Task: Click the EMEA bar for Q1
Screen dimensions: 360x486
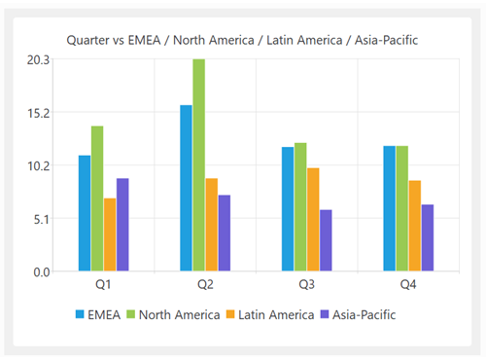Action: pos(85,213)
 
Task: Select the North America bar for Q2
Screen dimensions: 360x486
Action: pos(198,165)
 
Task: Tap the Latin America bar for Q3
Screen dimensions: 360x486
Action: pos(313,220)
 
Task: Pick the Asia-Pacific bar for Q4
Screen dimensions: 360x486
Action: pos(428,237)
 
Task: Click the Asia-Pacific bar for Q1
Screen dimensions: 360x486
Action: pos(122,225)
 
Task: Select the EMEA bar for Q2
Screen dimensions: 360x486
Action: pos(186,188)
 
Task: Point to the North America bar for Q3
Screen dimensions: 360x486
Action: pos(300,207)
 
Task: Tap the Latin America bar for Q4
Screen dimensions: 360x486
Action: pos(415,226)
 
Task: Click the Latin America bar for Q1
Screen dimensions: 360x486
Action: pos(110,234)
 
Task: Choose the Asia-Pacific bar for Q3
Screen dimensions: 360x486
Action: pos(326,240)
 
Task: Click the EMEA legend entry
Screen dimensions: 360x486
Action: pos(103,314)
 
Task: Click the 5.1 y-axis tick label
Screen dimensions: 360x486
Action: pos(42,218)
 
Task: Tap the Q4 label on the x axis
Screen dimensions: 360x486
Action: pos(408,285)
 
